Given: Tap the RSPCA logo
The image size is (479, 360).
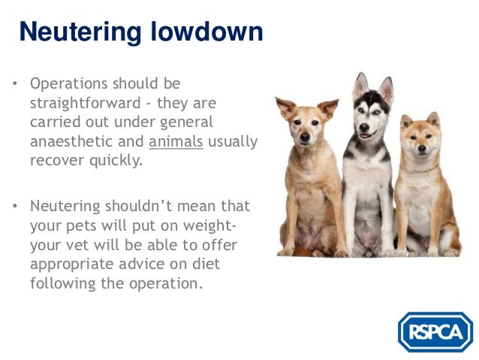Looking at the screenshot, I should [435, 332].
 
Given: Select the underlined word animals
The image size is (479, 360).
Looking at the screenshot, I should [176, 141].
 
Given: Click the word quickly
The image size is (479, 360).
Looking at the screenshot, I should [115, 161].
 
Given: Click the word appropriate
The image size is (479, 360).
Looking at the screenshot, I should [69, 265].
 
